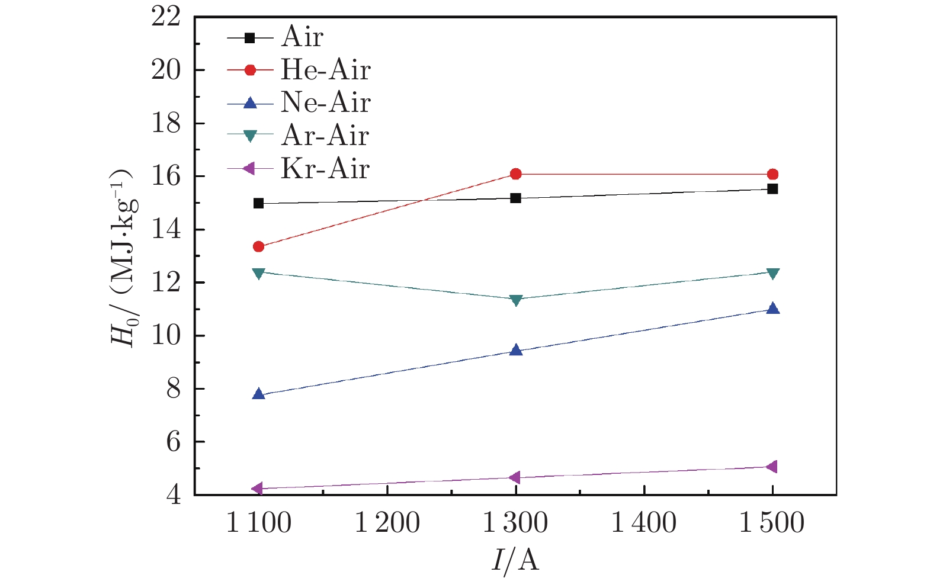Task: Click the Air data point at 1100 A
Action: tap(258, 203)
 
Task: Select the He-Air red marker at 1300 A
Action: tap(515, 174)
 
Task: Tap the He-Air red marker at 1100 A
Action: tap(258, 246)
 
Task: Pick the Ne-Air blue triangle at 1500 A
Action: tap(772, 309)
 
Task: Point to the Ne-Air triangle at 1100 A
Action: tap(258, 394)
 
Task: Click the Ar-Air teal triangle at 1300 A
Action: tap(515, 300)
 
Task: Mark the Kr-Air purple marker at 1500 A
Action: tap(771, 467)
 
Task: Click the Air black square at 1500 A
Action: tap(772, 189)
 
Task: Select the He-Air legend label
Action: tap(325, 70)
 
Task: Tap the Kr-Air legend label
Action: tap(325, 169)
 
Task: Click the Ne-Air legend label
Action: tap(325, 103)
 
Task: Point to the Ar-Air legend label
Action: tap(325, 136)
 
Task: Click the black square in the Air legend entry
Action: tap(250, 37)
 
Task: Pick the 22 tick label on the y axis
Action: tap(166, 17)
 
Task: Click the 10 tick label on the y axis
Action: tap(166, 336)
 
